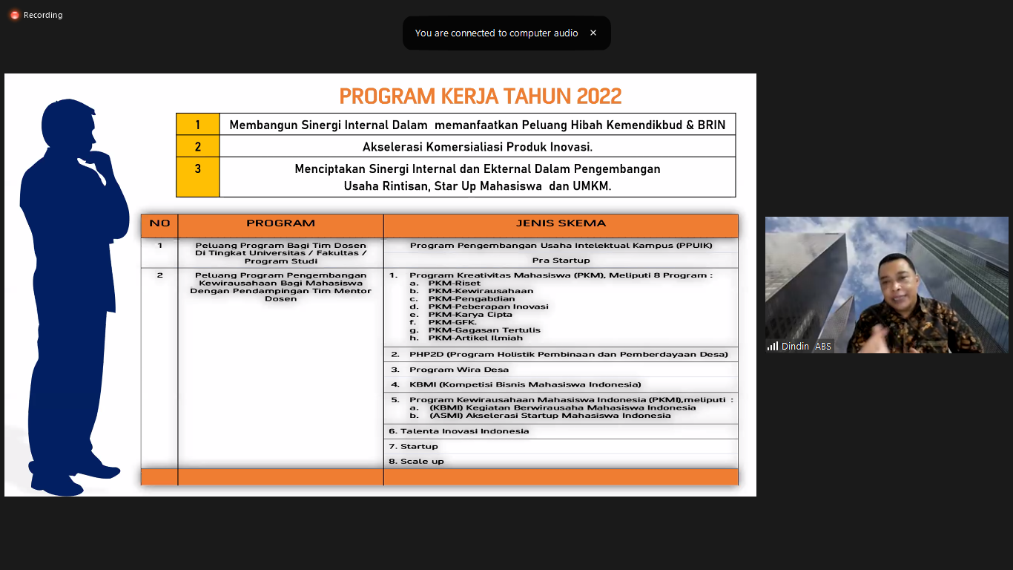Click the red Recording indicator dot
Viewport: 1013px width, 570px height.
(x=14, y=15)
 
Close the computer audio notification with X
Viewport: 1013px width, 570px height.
(x=593, y=33)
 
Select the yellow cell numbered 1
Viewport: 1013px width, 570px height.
(x=197, y=125)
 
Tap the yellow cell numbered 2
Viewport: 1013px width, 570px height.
(x=197, y=146)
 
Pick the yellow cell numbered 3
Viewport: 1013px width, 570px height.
(x=197, y=169)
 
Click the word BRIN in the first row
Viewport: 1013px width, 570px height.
(x=711, y=125)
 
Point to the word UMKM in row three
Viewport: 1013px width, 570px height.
(x=591, y=186)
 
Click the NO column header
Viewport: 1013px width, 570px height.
(x=159, y=223)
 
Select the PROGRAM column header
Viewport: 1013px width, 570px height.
(x=280, y=223)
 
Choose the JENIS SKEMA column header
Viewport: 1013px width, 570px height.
(x=561, y=223)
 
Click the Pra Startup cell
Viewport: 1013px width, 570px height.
(x=561, y=260)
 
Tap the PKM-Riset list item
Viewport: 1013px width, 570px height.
(x=454, y=283)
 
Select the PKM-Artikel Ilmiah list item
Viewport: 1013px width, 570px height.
(x=475, y=338)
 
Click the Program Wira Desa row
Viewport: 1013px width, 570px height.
(x=459, y=369)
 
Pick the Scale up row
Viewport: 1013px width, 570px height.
(x=422, y=461)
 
